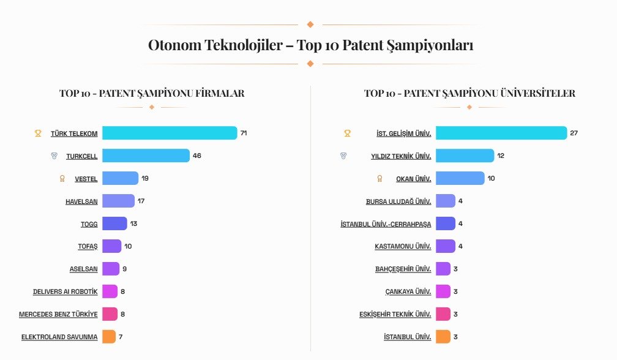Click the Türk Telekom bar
[170, 133]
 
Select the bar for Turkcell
[146, 156]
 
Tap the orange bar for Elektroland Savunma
[109, 337]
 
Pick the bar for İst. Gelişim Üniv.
[501, 133]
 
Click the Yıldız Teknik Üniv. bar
[465, 156]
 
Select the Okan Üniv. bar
[460, 178]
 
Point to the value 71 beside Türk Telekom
[244, 133]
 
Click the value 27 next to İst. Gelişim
[574, 133]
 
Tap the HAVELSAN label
[81, 201]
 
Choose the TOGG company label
[89, 224]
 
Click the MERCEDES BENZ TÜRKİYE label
[58, 314]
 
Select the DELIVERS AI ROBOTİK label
[65, 291]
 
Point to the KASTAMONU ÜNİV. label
[403, 246]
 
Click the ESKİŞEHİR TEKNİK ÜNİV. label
[395, 314]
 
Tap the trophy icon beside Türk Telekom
[38, 133]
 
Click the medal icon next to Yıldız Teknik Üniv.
[343, 156]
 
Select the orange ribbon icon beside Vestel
[62, 179]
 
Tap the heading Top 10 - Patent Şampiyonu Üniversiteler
[469, 93]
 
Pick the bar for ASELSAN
[111, 269]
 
